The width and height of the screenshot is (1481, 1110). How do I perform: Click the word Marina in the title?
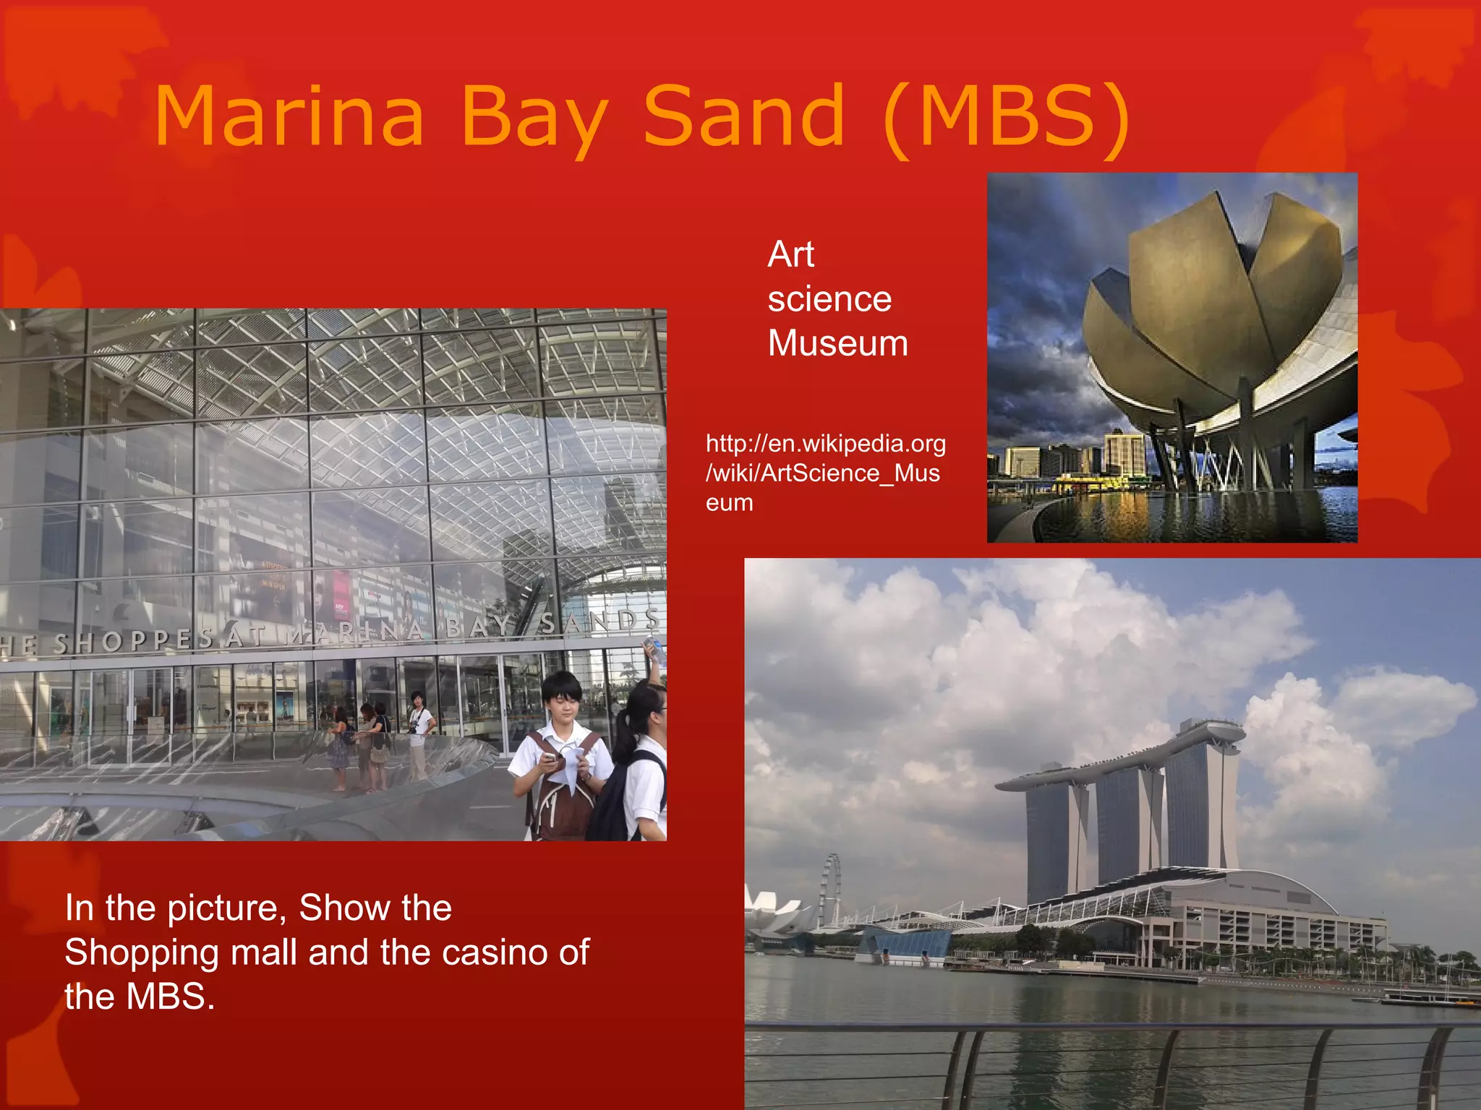[x=289, y=116]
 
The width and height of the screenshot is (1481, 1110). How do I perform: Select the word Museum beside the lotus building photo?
[x=837, y=343]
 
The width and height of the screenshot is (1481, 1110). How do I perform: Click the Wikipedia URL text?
[x=824, y=473]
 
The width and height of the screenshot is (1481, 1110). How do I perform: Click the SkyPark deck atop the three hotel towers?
[x=1121, y=759]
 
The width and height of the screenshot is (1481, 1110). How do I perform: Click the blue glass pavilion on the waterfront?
[x=904, y=943]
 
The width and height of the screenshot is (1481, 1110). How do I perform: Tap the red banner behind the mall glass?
[x=341, y=597]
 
